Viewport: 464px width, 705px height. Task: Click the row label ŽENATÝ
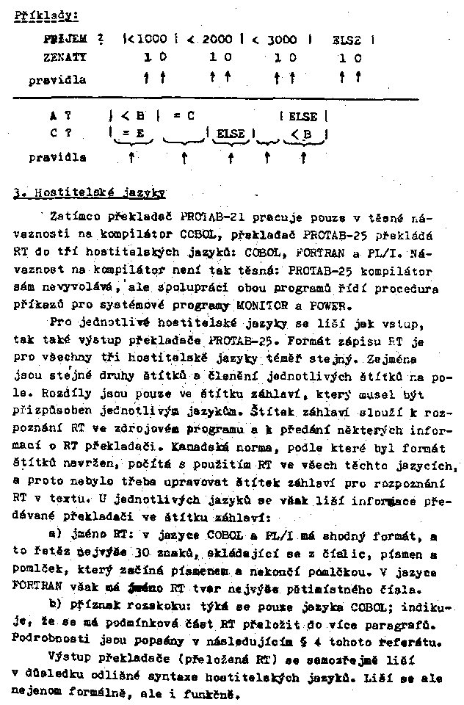65,57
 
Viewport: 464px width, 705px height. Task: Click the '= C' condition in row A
184,116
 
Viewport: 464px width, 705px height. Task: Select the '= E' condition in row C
131,133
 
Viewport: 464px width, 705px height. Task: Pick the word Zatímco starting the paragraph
77,217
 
